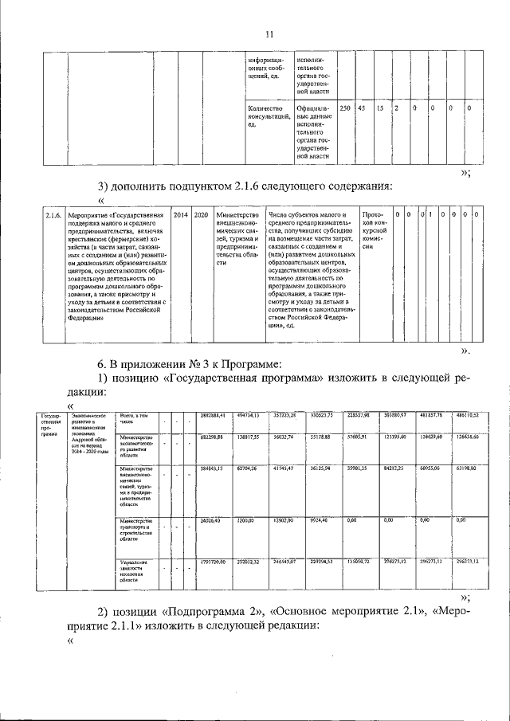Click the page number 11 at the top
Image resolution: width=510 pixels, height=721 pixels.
pos(269,33)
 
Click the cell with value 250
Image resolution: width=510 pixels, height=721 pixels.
pos(345,108)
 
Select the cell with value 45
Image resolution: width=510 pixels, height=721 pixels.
pos(362,108)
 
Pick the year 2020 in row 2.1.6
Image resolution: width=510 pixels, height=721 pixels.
pos(201,215)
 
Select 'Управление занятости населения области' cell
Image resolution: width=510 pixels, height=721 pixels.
pos(133,573)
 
